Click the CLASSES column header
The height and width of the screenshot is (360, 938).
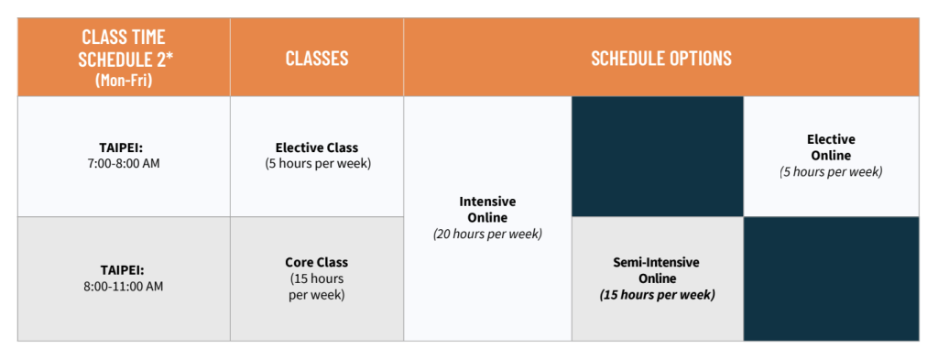316,58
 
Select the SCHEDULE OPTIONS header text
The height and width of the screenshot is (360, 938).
661,58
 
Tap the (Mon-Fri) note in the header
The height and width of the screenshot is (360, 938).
124,80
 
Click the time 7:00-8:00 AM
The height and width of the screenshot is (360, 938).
124,163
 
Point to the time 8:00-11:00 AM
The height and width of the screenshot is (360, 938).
124,287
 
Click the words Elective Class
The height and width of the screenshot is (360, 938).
316,147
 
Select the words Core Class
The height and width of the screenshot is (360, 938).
316,263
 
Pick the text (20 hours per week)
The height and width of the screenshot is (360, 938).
487,234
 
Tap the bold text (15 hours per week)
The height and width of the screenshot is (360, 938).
657,295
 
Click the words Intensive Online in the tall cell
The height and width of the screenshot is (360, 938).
487,209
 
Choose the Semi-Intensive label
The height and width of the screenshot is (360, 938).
657,263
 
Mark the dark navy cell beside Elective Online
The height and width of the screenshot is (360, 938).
658,157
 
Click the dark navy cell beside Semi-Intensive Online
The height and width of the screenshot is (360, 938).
831,278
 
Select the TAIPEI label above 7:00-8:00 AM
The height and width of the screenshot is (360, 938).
124,147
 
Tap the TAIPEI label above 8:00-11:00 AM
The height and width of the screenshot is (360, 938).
124,270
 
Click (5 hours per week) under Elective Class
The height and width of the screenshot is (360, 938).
316,163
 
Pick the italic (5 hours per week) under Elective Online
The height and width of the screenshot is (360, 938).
831,171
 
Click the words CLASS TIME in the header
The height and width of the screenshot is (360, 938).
124,37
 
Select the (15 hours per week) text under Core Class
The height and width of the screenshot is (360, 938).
316,287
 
